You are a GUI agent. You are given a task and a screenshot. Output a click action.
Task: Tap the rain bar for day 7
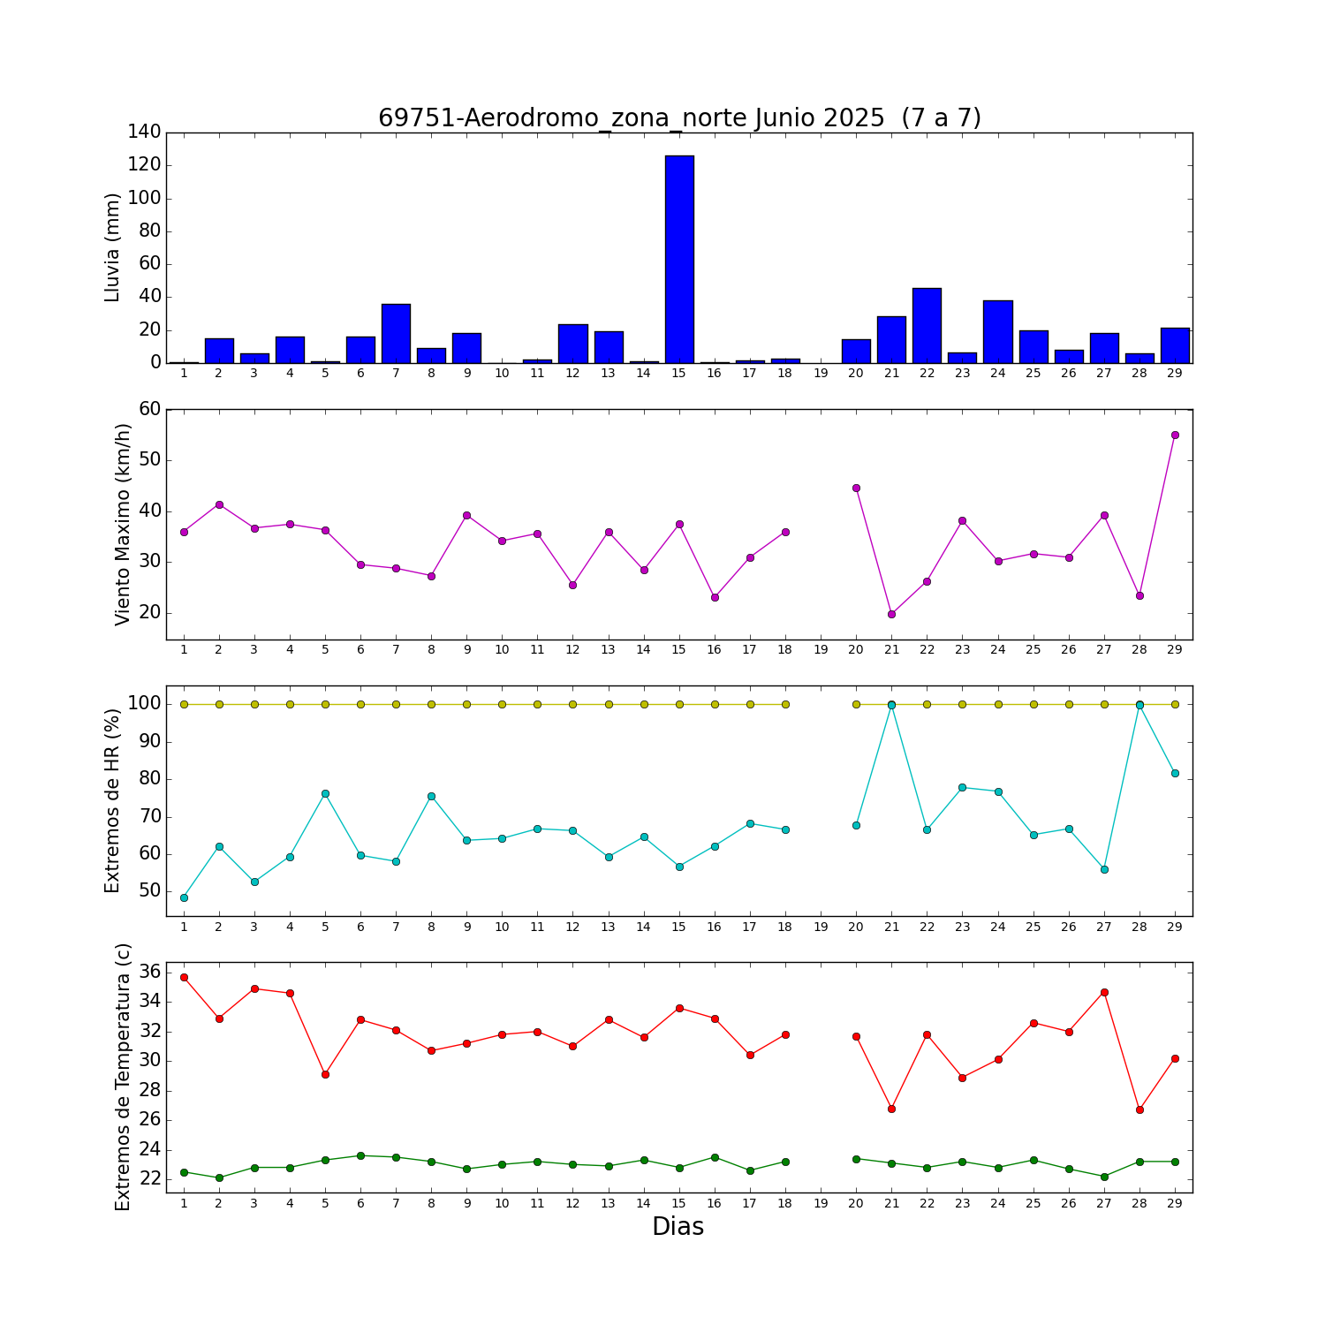(x=396, y=333)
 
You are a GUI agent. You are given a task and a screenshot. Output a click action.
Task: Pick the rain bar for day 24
(x=998, y=331)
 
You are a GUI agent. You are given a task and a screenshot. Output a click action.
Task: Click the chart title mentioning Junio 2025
(x=679, y=118)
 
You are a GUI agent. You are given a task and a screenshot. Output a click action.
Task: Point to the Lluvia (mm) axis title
(x=112, y=247)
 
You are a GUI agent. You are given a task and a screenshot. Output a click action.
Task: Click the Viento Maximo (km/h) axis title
(x=123, y=524)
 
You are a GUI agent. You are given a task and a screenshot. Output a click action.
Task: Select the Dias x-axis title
(x=678, y=1226)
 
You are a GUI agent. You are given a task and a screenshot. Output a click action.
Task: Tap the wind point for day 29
(x=1175, y=435)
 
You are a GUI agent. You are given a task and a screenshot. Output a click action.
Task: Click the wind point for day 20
(x=856, y=488)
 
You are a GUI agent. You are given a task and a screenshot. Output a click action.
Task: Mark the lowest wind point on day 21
(x=891, y=614)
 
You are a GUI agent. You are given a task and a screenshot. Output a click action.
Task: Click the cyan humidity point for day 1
(x=184, y=897)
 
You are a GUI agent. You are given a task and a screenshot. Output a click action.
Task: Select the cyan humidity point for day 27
(x=1104, y=869)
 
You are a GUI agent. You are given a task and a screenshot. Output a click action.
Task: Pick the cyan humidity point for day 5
(x=325, y=793)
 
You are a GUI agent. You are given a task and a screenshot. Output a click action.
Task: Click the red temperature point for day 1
(x=184, y=977)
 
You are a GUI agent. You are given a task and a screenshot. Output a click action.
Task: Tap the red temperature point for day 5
(x=325, y=1074)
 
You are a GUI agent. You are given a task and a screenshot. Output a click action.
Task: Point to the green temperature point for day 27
(x=1104, y=1177)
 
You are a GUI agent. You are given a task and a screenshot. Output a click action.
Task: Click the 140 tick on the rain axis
(x=145, y=132)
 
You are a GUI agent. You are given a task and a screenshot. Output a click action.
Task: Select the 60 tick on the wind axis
(x=150, y=409)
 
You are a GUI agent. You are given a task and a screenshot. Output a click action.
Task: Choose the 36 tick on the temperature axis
(x=150, y=972)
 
